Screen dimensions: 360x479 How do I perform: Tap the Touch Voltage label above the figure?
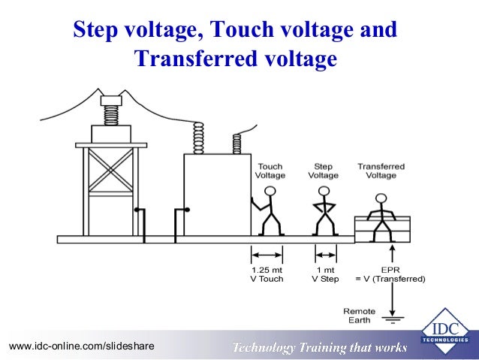point(270,171)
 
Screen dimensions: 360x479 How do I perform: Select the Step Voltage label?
point(324,171)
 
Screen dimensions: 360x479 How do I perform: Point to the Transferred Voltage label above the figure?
point(381,171)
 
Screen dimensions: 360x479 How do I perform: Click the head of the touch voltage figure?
point(270,191)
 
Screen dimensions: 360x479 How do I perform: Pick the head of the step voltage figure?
point(324,191)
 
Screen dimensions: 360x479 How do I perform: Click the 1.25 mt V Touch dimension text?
point(267,274)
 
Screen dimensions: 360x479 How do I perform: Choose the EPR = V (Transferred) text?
point(390,274)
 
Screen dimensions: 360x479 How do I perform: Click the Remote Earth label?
point(359,315)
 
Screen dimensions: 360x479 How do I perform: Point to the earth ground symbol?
point(392,319)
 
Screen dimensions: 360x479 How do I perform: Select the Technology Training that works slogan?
point(319,347)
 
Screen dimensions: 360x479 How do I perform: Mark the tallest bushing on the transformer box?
point(199,138)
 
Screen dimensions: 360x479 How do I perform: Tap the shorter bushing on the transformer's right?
point(237,143)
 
